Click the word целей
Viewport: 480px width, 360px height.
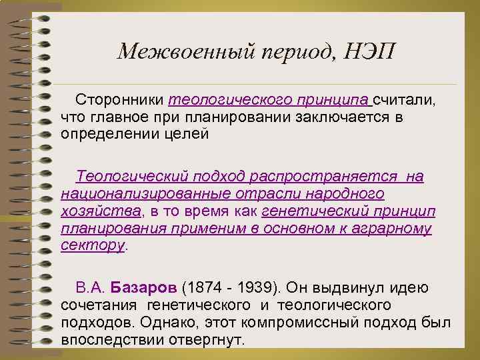click(188, 134)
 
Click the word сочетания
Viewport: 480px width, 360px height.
click(97, 306)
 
